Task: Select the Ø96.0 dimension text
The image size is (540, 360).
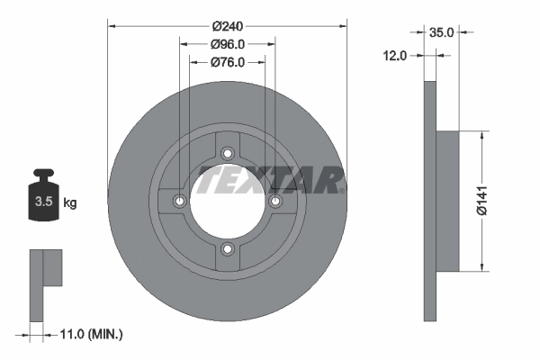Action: [228, 44]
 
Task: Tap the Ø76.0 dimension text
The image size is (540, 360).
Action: [228, 62]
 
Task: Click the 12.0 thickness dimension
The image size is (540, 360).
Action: [395, 55]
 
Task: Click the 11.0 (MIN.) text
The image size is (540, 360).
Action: [90, 334]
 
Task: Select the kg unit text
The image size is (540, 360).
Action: [69, 202]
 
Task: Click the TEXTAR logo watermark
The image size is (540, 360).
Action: [270, 179]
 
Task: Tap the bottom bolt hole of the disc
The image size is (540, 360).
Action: [228, 248]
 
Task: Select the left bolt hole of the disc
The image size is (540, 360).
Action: [180, 200]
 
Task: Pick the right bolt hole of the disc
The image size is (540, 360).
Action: [275, 200]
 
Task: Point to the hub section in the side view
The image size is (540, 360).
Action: [447, 199]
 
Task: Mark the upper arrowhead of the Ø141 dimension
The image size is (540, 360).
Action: [482, 135]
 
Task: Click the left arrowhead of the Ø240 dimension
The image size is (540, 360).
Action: [112, 26]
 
